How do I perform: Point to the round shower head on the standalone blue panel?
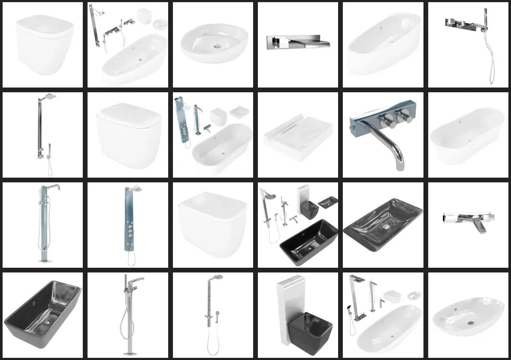(137, 189)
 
